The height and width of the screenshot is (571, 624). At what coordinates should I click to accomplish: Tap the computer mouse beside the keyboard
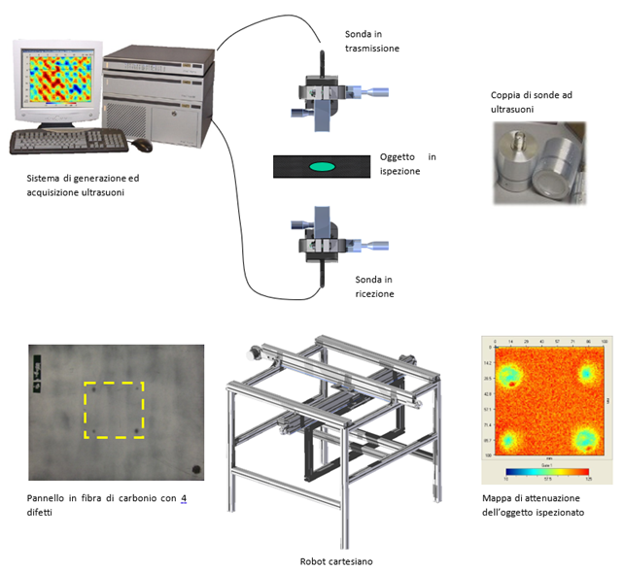(142, 145)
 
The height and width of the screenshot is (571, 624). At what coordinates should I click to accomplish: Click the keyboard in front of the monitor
(68, 142)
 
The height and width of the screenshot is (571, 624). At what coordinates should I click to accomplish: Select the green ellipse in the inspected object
(323, 166)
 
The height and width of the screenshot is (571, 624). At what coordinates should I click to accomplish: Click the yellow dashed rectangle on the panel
(114, 410)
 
